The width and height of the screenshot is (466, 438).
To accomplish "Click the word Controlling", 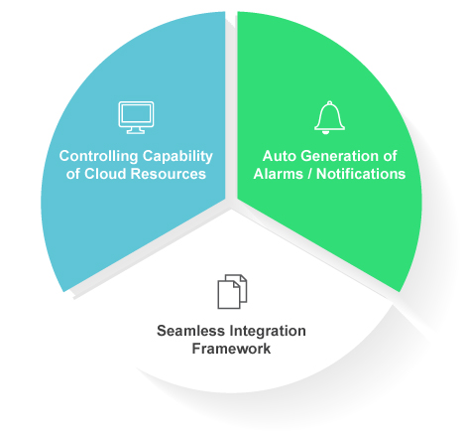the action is [x=98, y=156].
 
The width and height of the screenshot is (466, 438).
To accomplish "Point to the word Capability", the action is [x=177, y=156].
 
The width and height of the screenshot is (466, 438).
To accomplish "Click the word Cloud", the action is [x=105, y=174].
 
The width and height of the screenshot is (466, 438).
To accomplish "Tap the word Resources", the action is [x=169, y=174].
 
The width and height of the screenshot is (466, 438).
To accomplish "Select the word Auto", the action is [x=280, y=156].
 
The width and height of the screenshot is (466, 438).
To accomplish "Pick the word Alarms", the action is [x=279, y=174].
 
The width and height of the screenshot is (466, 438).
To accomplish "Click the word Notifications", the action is [x=361, y=174].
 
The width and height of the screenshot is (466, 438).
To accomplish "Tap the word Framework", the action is [x=231, y=349].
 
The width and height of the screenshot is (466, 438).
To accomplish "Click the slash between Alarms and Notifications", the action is [x=309, y=174].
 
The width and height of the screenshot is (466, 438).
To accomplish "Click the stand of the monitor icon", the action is [x=136, y=130].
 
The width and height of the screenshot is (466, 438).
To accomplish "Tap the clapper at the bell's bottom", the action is [x=326, y=132].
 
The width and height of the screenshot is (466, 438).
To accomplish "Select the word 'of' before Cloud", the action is [x=72, y=174].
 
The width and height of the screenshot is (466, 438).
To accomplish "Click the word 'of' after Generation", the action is [x=390, y=156].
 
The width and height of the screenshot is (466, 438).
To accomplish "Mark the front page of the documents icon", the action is [x=229, y=295].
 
